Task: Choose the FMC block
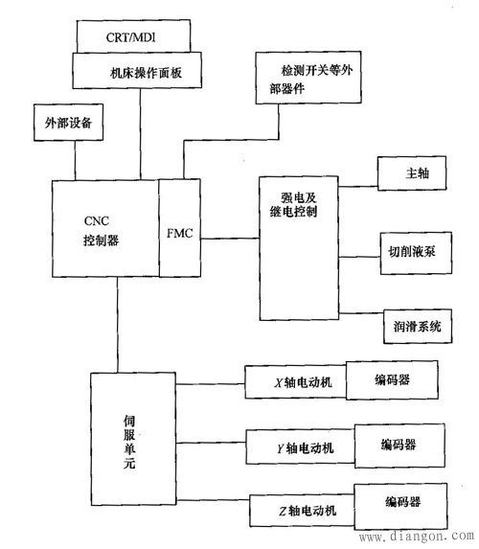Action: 180,233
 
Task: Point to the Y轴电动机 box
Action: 299,446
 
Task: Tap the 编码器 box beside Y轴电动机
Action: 399,445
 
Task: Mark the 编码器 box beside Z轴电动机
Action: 402,502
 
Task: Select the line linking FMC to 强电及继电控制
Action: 230,233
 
